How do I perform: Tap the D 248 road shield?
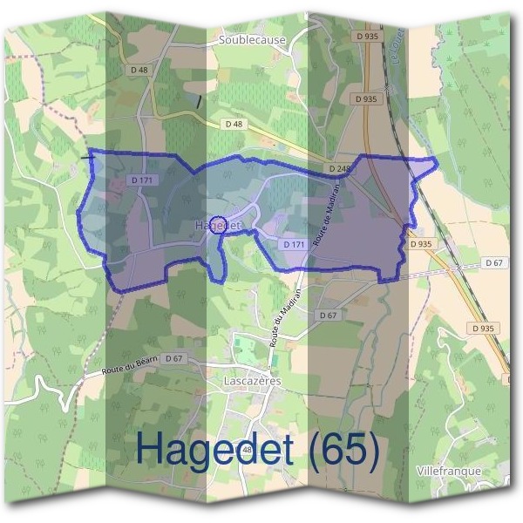339,167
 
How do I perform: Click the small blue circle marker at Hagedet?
219,224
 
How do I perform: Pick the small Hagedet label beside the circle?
216,226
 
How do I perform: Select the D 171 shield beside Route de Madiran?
295,245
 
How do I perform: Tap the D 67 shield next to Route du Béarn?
174,358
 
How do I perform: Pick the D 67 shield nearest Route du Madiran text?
328,315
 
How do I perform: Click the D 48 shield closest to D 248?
234,125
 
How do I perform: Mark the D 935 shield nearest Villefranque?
481,328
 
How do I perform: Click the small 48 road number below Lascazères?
247,449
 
